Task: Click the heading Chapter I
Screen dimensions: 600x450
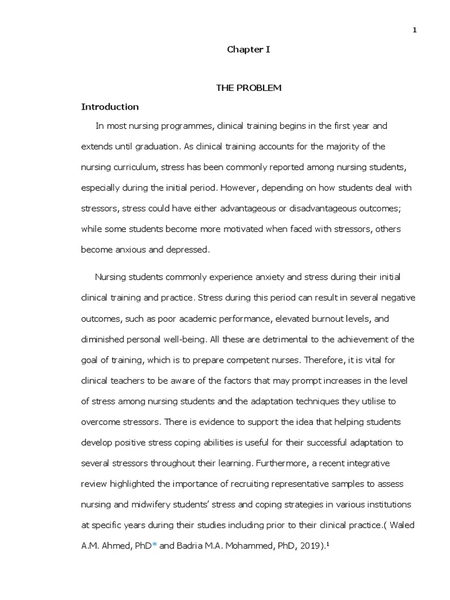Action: click(248, 50)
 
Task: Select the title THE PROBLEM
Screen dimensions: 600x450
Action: click(249, 88)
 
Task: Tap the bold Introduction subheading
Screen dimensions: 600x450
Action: click(110, 107)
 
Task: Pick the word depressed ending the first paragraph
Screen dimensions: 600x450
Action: click(187, 249)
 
